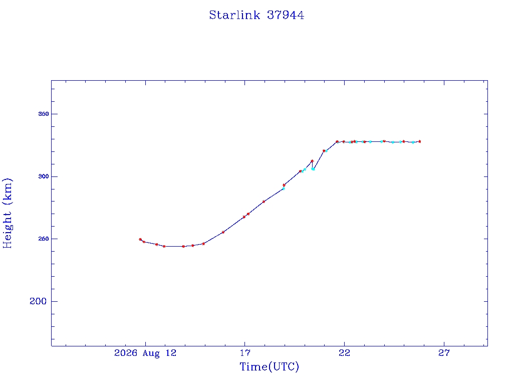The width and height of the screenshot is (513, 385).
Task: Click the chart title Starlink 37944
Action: click(256, 15)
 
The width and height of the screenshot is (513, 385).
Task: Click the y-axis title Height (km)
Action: click(7, 213)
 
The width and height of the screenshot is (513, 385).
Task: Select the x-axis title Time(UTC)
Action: click(269, 366)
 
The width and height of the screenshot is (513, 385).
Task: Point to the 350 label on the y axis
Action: click(44, 114)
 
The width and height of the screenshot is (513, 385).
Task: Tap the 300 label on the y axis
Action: click(44, 176)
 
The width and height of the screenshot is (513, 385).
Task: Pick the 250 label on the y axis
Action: click(44, 239)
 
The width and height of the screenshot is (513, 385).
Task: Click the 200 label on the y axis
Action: click(38, 301)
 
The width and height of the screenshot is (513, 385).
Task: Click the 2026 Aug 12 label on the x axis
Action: click(145, 353)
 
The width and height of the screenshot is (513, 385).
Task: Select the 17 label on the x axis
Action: click(244, 353)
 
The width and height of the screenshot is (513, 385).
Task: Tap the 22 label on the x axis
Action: click(344, 353)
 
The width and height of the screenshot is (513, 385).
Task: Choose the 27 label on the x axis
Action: click(444, 353)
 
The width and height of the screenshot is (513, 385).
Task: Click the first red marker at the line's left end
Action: click(140, 239)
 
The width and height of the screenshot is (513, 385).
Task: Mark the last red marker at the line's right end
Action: click(420, 141)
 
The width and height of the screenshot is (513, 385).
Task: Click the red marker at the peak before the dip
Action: click(312, 161)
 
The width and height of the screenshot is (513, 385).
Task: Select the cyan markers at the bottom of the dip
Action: click(313, 169)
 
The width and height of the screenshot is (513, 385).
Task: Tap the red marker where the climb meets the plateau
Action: click(337, 142)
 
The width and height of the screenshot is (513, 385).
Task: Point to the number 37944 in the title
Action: click(286, 15)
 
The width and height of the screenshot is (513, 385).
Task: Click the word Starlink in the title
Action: click(234, 15)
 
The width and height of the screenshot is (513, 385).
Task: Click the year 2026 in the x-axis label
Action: click(126, 353)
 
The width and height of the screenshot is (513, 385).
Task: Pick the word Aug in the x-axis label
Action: click(151, 353)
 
